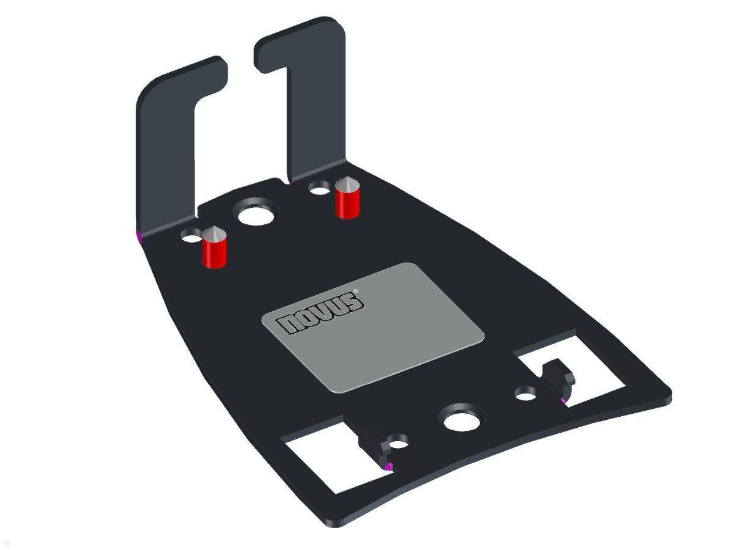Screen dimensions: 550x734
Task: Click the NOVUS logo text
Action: click(x=322, y=313)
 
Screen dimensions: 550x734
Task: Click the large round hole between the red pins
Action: click(x=255, y=215)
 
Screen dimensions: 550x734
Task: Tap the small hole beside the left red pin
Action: click(x=191, y=236)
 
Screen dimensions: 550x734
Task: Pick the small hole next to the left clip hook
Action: click(x=398, y=441)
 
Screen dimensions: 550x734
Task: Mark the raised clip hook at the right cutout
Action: click(x=558, y=378)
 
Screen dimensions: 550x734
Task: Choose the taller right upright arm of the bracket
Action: click(x=315, y=104)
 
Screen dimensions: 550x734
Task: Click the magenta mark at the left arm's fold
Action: click(x=138, y=234)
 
